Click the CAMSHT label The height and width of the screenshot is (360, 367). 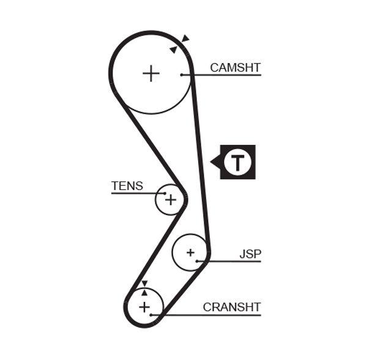(235, 67)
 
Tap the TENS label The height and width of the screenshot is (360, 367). (127, 186)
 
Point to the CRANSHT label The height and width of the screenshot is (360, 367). (232, 307)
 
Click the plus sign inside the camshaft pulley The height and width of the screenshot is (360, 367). (150, 74)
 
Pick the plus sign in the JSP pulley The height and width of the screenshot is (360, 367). (190, 252)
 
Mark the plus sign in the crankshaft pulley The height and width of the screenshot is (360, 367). (144, 306)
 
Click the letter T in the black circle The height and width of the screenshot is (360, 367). (237, 162)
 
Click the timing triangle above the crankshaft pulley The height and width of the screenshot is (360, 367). (144, 284)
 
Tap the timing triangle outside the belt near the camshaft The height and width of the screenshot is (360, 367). (185, 39)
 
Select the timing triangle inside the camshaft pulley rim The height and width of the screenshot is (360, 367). (174, 49)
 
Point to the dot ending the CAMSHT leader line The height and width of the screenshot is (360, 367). (182, 75)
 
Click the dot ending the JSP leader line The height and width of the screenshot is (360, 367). (198, 261)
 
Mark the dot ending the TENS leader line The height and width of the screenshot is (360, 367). (165, 193)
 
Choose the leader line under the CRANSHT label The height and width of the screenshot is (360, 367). (214, 315)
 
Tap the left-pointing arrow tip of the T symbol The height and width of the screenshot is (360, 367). (212, 162)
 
